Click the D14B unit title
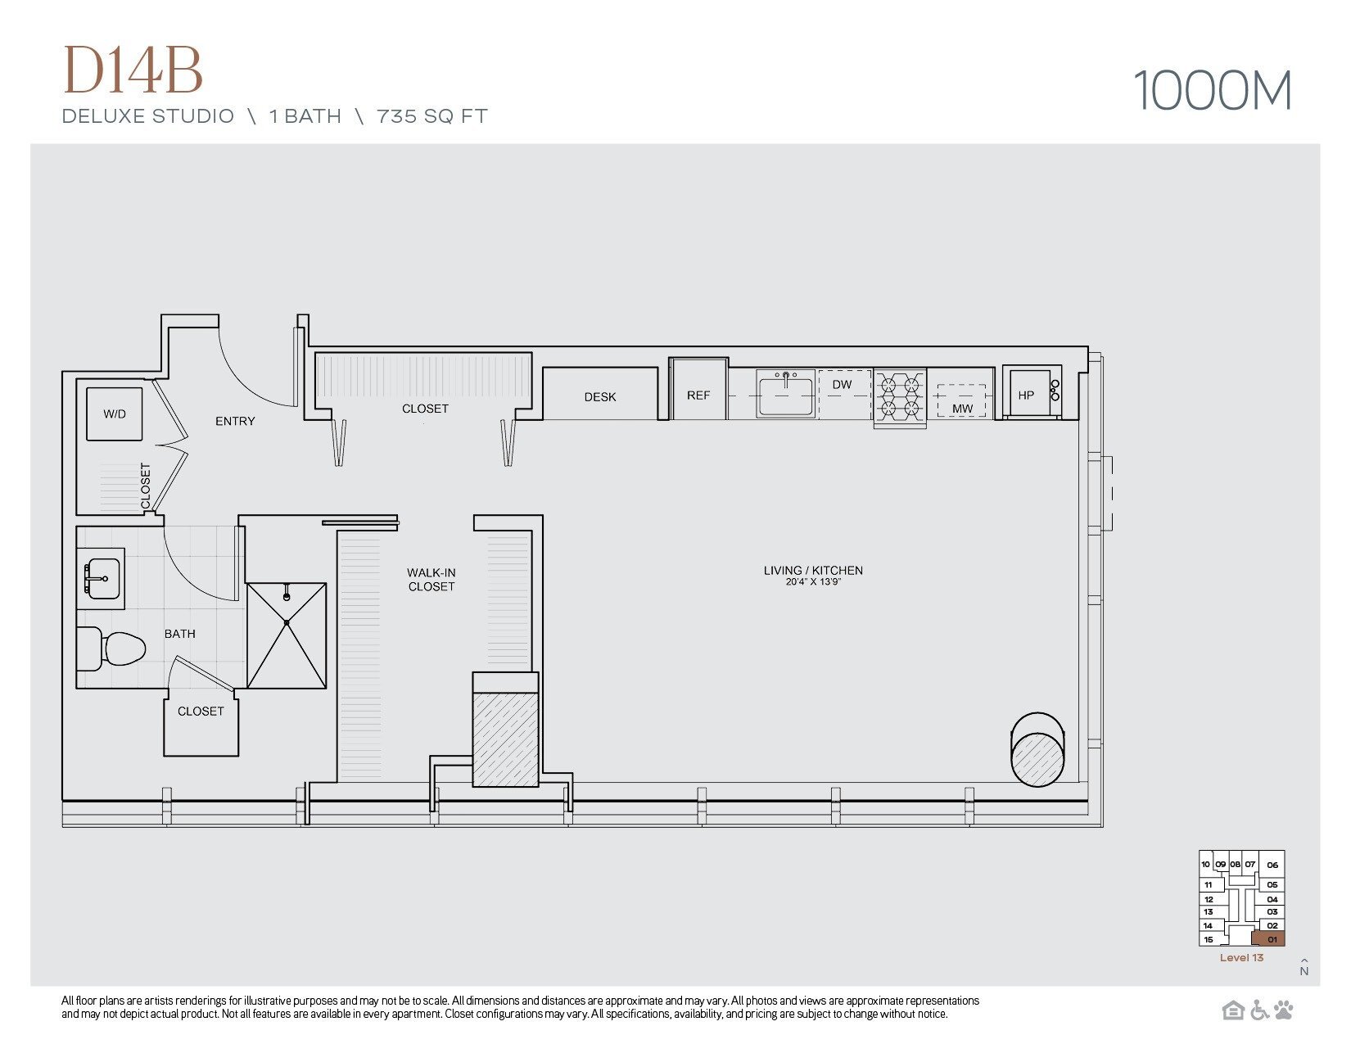tap(133, 70)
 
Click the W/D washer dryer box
tap(115, 414)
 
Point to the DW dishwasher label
tap(842, 384)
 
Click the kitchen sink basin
tap(785, 395)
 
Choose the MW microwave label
tap(962, 408)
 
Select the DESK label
tap(600, 396)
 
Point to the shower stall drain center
tap(287, 623)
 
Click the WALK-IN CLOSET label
tap(432, 580)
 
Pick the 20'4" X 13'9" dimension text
tap(813, 582)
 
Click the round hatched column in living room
tap(1037, 758)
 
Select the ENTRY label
tap(235, 421)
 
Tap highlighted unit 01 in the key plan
tap(1270, 939)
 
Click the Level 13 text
tap(1241, 958)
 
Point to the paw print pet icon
tap(1284, 1010)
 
